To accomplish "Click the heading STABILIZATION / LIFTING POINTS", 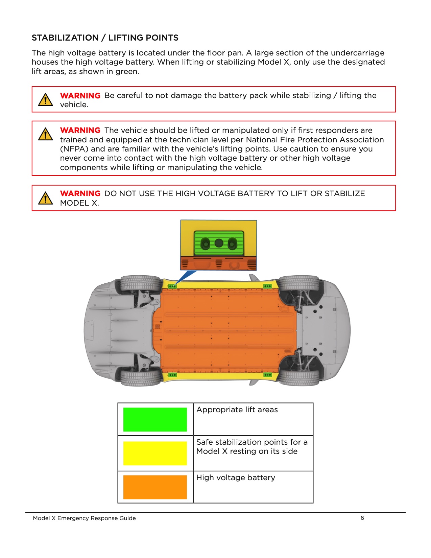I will pyautogui.click(x=105, y=38).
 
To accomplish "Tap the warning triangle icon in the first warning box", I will pyautogui.click(x=45, y=100).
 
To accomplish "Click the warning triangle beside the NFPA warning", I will pyautogui.click(x=45, y=134).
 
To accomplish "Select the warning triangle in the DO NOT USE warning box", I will pyautogui.click(x=45, y=198).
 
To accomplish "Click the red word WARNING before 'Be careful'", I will pyautogui.click(x=80, y=96).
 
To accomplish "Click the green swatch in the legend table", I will pyautogui.click(x=155, y=419).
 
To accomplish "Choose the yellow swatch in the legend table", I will pyautogui.click(x=155, y=453).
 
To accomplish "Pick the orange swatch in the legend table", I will pyautogui.click(x=155, y=487).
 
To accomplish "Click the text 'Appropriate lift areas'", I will pyautogui.click(x=237, y=410).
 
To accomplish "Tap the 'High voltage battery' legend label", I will pyautogui.click(x=236, y=478).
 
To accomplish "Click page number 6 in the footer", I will pyautogui.click(x=362, y=518).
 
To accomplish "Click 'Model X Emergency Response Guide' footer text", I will pyautogui.click(x=84, y=518).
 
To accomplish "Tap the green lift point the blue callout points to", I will pyautogui.click(x=172, y=286).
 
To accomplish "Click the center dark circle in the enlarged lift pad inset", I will pyautogui.click(x=219, y=243).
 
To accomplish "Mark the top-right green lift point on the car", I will pyautogui.click(x=267, y=286).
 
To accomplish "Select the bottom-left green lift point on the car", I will pyautogui.click(x=172, y=375).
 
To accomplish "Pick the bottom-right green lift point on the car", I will pyautogui.click(x=267, y=375).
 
